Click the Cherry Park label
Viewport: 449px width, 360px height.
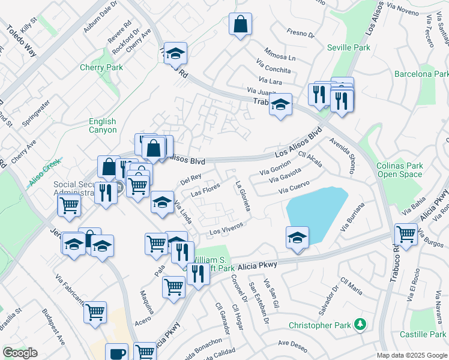[x=101, y=67]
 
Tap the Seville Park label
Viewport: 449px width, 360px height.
[x=349, y=47]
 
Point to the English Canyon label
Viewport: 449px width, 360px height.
[x=103, y=125]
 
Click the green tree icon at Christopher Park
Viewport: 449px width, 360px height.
[x=360, y=325]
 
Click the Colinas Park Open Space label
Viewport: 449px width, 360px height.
[x=399, y=170]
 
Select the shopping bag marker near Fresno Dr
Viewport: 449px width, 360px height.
[x=240, y=25]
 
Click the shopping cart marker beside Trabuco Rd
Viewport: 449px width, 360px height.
[x=406, y=234]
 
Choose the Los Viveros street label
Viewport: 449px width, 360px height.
[x=226, y=228]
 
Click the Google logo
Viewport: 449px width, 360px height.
[x=20, y=353]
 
